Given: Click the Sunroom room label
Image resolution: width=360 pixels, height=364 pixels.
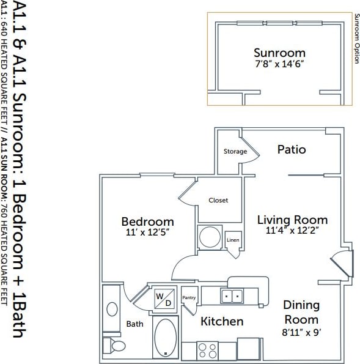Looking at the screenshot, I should pyautogui.click(x=279, y=52).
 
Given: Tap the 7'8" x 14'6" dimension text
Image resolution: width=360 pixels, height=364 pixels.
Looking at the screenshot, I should pyautogui.click(x=279, y=64).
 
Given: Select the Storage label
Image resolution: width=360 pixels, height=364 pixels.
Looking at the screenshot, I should pyautogui.click(x=235, y=151).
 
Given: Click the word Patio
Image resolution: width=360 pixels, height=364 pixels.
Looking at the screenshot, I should pyautogui.click(x=291, y=149).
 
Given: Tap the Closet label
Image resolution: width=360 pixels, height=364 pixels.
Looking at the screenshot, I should pyautogui.click(x=218, y=200).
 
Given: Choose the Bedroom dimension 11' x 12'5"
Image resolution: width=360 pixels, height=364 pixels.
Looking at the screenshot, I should pyautogui.click(x=147, y=232).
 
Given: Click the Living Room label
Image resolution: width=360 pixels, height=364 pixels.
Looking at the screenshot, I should pyautogui.click(x=292, y=220).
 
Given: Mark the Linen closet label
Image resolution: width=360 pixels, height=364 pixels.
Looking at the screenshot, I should pyautogui.click(x=233, y=240).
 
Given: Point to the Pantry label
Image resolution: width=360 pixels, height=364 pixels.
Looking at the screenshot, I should pyautogui.click(x=189, y=297).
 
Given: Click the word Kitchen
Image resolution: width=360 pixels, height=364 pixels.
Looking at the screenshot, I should pyautogui.click(x=222, y=321).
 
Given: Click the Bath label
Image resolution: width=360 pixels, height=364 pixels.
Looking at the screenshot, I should pyautogui.click(x=134, y=324).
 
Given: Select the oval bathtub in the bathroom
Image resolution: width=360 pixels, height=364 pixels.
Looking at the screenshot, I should pyautogui.click(x=164, y=337).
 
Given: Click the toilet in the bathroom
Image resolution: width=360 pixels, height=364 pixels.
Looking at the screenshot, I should pyautogui.click(x=116, y=346).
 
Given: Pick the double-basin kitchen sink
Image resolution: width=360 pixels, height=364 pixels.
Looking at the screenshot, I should pyautogui.click(x=231, y=297).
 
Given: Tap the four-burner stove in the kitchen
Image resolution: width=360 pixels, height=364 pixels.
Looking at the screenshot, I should pyautogui.click(x=208, y=351).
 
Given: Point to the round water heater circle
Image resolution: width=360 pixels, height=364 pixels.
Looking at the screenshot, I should pyautogui.click(x=210, y=237).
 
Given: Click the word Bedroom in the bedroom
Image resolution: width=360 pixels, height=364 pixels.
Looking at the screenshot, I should pyautogui.click(x=147, y=221).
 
